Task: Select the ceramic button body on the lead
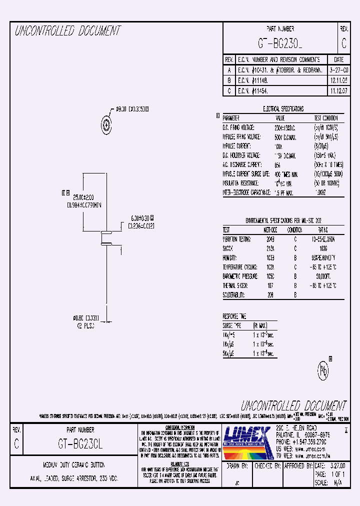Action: point(106,237)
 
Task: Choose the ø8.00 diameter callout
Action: point(132,108)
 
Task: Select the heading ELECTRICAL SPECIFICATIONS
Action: point(283,108)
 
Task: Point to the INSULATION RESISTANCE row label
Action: point(241,183)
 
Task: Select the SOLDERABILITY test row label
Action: point(233,295)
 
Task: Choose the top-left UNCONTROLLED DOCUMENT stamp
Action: point(68,31)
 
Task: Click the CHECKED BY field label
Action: point(266,465)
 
